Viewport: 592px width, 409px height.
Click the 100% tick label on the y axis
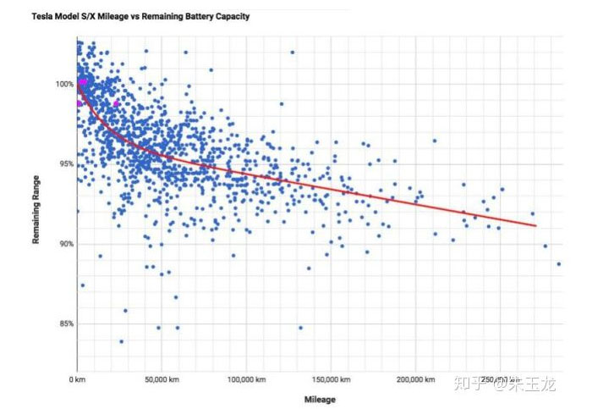64,84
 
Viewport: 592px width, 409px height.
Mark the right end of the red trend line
536,226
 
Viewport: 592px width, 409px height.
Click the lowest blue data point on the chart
121,341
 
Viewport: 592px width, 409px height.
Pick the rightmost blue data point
559,264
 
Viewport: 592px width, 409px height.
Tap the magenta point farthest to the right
117,103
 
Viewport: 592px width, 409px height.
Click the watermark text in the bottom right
507,384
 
